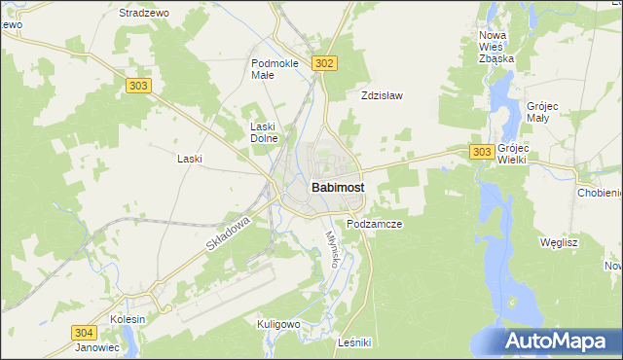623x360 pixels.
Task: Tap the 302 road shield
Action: (325, 63)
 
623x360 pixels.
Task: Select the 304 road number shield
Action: (84, 333)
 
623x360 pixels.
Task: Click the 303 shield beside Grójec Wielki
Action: (481, 152)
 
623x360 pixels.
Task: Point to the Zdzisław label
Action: (382, 96)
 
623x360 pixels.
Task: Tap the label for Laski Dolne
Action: (265, 132)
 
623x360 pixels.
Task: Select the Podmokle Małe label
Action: (275, 69)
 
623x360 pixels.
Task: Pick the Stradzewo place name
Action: (143, 14)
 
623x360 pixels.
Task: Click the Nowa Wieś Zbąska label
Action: (496, 47)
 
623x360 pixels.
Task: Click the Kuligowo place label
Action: (277, 323)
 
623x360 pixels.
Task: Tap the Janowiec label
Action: (97, 347)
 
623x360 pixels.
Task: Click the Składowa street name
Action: (229, 235)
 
